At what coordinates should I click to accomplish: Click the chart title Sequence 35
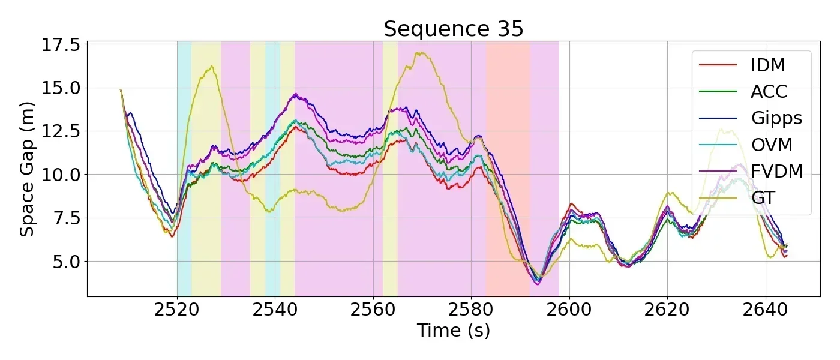pos(454,29)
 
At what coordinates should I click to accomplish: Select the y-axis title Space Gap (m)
pos(27,169)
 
